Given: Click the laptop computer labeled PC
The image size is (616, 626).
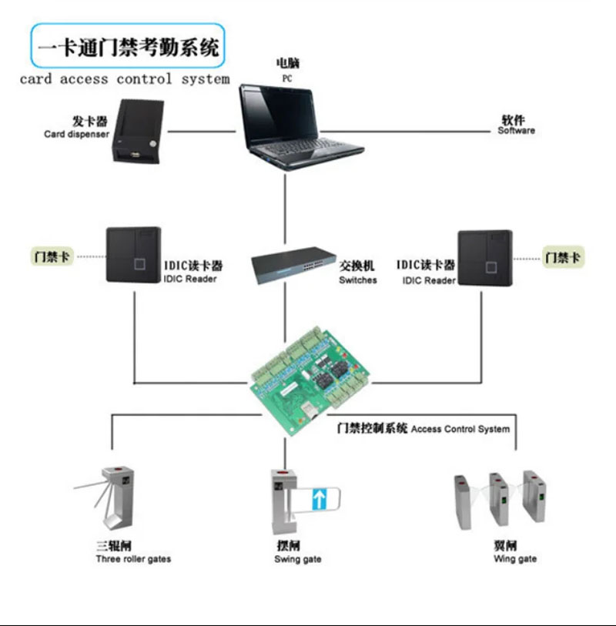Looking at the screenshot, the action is click(x=300, y=127).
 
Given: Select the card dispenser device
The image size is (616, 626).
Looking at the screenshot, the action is click(x=139, y=132).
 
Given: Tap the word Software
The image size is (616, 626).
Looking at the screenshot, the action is click(x=516, y=131).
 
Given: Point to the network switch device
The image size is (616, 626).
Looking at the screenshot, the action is click(x=293, y=265).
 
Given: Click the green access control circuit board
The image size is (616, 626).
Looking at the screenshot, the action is click(x=310, y=380).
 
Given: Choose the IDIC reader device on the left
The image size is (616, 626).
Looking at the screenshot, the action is click(x=134, y=255).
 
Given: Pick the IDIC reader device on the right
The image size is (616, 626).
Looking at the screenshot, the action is click(x=485, y=258).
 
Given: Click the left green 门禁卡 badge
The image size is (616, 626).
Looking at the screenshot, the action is click(x=52, y=256).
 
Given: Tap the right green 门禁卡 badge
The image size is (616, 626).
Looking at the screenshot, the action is click(x=563, y=257).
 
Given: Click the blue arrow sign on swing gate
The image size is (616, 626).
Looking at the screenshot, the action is click(x=320, y=499).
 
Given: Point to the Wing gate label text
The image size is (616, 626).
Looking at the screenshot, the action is click(x=515, y=558).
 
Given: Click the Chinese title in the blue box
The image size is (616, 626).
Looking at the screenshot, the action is click(x=128, y=47).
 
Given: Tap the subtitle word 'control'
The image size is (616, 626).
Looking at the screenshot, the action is click(x=144, y=79).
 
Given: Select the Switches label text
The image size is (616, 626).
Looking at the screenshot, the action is click(x=358, y=280).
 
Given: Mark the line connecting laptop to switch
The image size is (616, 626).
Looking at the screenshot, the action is click(x=285, y=209).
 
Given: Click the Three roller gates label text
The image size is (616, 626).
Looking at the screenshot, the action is click(x=133, y=559).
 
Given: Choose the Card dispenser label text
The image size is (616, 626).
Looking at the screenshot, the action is click(x=76, y=134).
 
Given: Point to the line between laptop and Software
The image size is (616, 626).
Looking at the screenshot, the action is click(x=405, y=131).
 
